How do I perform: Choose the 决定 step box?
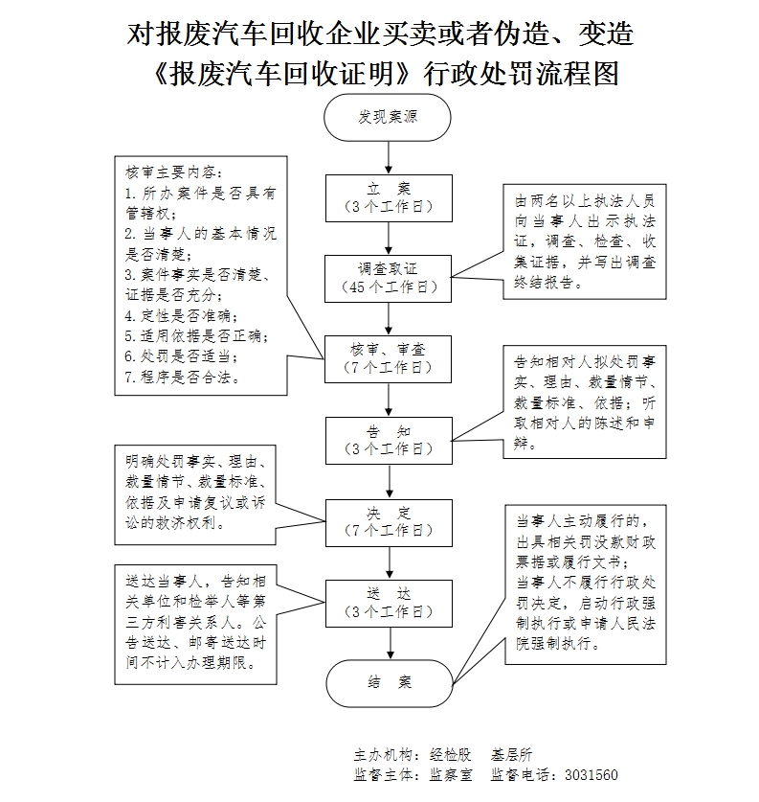point(388,520)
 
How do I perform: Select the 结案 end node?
point(388,682)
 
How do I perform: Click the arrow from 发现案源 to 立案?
point(388,155)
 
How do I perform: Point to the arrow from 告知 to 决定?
point(388,480)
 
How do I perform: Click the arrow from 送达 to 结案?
point(388,642)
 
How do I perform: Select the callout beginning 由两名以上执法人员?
point(585,240)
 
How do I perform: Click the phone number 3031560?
point(592,775)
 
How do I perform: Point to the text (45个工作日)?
point(388,286)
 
